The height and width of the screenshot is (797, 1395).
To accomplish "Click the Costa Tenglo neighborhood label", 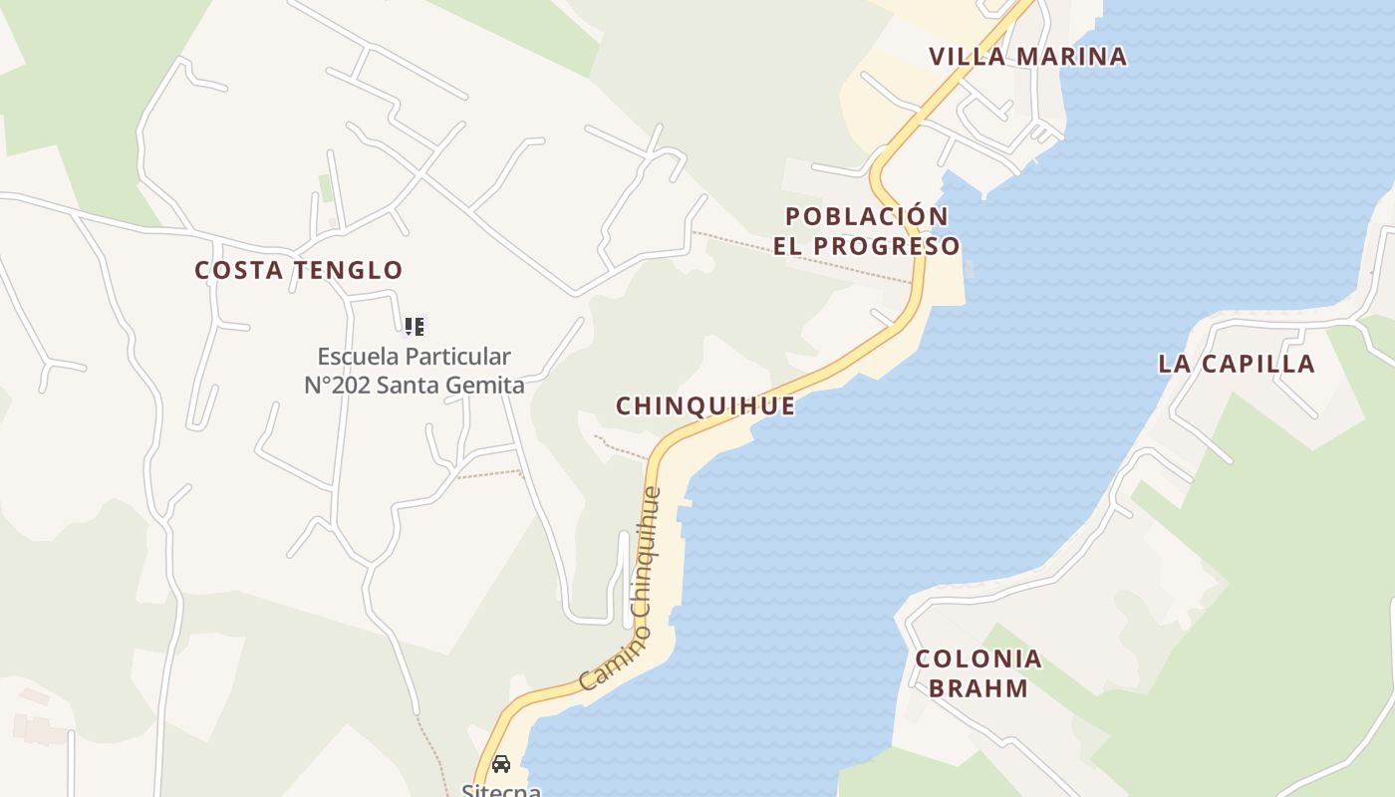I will [299, 270].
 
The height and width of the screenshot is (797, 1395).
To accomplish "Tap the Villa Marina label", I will [1027, 57].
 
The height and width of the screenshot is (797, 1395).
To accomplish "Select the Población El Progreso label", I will [867, 231].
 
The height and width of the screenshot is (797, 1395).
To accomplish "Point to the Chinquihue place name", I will [705, 406].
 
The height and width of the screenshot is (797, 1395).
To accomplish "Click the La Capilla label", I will [1237, 364].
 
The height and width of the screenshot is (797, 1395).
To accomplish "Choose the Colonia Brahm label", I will [978, 673].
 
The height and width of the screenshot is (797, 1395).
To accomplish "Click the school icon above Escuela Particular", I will [415, 326].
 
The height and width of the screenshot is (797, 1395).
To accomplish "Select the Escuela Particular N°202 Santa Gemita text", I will [415, 371].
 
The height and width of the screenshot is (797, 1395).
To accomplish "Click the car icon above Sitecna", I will [501, 763].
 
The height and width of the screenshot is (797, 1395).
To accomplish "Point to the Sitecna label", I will [501, 790].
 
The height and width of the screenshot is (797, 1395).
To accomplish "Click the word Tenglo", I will [349, 270].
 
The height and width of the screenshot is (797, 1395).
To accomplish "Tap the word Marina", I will [1070, 57].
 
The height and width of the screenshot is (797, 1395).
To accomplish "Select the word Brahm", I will [978, 688].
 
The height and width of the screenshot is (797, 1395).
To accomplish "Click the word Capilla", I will [1260, 364].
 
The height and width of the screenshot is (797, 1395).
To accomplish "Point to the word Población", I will [867, 216].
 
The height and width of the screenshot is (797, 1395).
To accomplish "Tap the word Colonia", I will [978, 659].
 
